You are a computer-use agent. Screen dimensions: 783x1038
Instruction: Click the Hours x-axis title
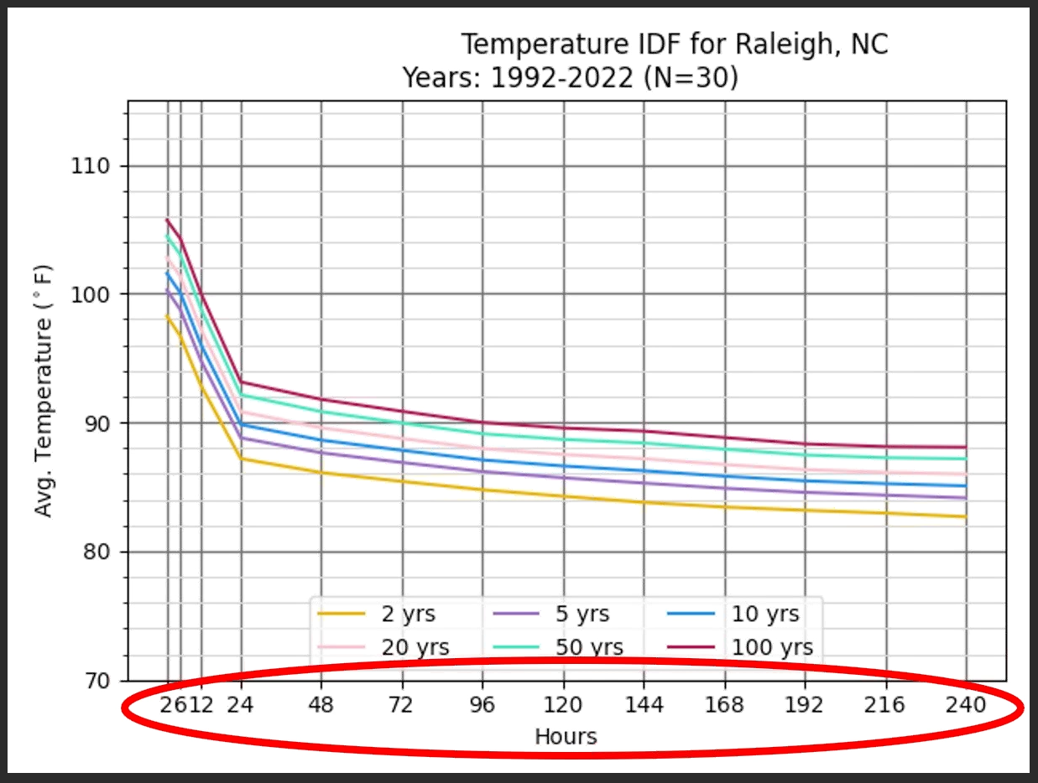tap(566, 737)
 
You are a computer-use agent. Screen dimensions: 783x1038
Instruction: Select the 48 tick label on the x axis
tap(321, 704)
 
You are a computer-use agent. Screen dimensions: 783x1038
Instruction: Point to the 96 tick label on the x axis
tap(482, 704)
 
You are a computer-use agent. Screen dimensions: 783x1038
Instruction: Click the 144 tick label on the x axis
tap(644, 704)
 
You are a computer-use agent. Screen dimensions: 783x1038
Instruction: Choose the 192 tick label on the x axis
tap(805, 704)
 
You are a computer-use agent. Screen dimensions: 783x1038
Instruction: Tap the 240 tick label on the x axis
tap(966, 704)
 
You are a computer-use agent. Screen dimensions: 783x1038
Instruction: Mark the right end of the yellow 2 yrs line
tap(966, 516)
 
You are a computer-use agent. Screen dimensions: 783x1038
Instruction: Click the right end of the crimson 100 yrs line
tap(966, 447)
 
